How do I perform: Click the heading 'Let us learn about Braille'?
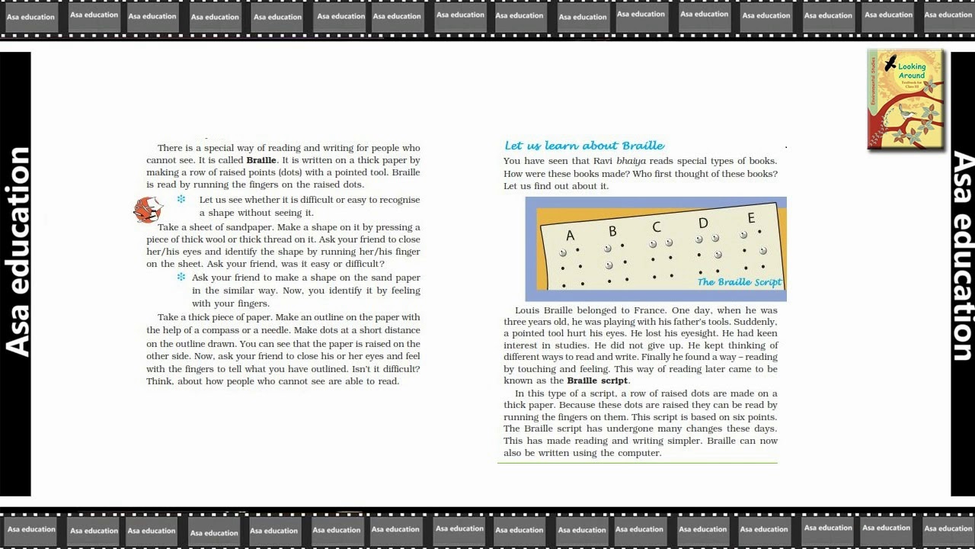coord(584,146)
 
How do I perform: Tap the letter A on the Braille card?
coord(570,236)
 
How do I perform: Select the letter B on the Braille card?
coord(612,231)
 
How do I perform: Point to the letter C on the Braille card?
coord(657,226)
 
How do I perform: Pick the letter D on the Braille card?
coord(703,223)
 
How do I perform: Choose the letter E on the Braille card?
coord(751,219)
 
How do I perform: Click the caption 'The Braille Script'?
coord(739,282)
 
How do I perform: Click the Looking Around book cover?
coord(906,99)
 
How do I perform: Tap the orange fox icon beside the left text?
coord(148,209)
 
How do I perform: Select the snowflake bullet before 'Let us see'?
coord(181,200)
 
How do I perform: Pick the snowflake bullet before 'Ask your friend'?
coord(181,278)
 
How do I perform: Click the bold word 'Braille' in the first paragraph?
coord(261,160)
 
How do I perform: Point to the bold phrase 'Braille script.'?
coord(598,380)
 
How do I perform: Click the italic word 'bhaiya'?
coord(631,161)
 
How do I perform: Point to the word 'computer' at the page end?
coord(641,453)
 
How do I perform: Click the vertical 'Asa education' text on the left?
coord(17,252)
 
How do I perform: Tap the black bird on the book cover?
coord(890,64)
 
